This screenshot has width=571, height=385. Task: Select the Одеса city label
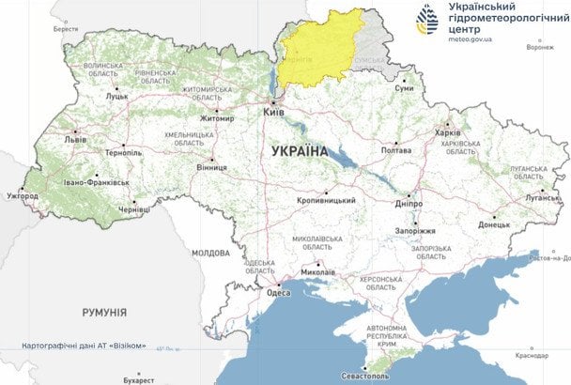(x=278, y=292)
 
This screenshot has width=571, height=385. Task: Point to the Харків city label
(x=448, y=132)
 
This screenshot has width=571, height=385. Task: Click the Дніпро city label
(x=408, y=200)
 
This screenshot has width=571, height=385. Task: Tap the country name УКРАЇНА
(x=299, y=150)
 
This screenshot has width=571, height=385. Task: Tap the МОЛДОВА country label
(x=209, y=253)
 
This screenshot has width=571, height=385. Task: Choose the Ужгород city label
(x=23, y=196)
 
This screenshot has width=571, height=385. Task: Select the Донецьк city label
(x=493, y=225)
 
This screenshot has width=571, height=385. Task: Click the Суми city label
(x=404, y=88)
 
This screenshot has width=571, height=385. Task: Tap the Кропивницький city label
(x=326, y=200)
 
